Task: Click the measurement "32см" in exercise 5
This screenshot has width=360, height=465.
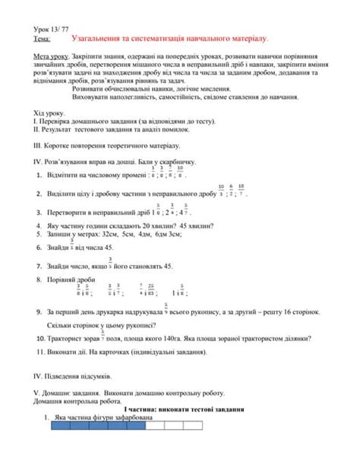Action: point(115,235)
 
